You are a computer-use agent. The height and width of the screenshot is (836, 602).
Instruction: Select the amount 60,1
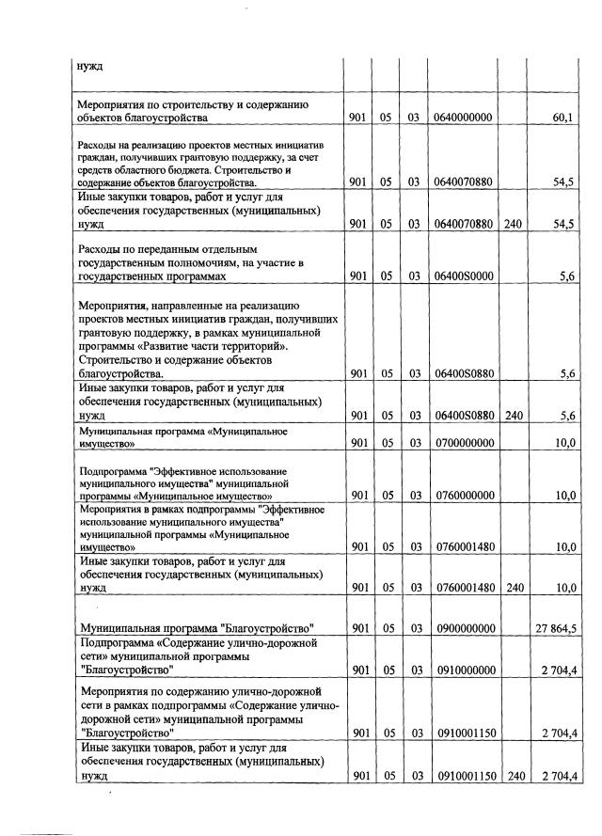click(x=563, y=118)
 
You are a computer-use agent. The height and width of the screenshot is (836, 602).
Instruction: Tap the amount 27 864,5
click(x=553, y=627)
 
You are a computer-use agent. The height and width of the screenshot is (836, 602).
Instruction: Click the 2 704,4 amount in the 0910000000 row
click(x=557, y=670)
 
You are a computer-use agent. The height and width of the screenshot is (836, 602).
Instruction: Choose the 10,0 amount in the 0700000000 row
click(x=564, y=443)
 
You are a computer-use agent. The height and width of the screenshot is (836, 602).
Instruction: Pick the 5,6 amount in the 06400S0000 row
click(x=567, y=277)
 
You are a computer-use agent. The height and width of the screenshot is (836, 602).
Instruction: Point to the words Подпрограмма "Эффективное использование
click(x=183, y=470)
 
